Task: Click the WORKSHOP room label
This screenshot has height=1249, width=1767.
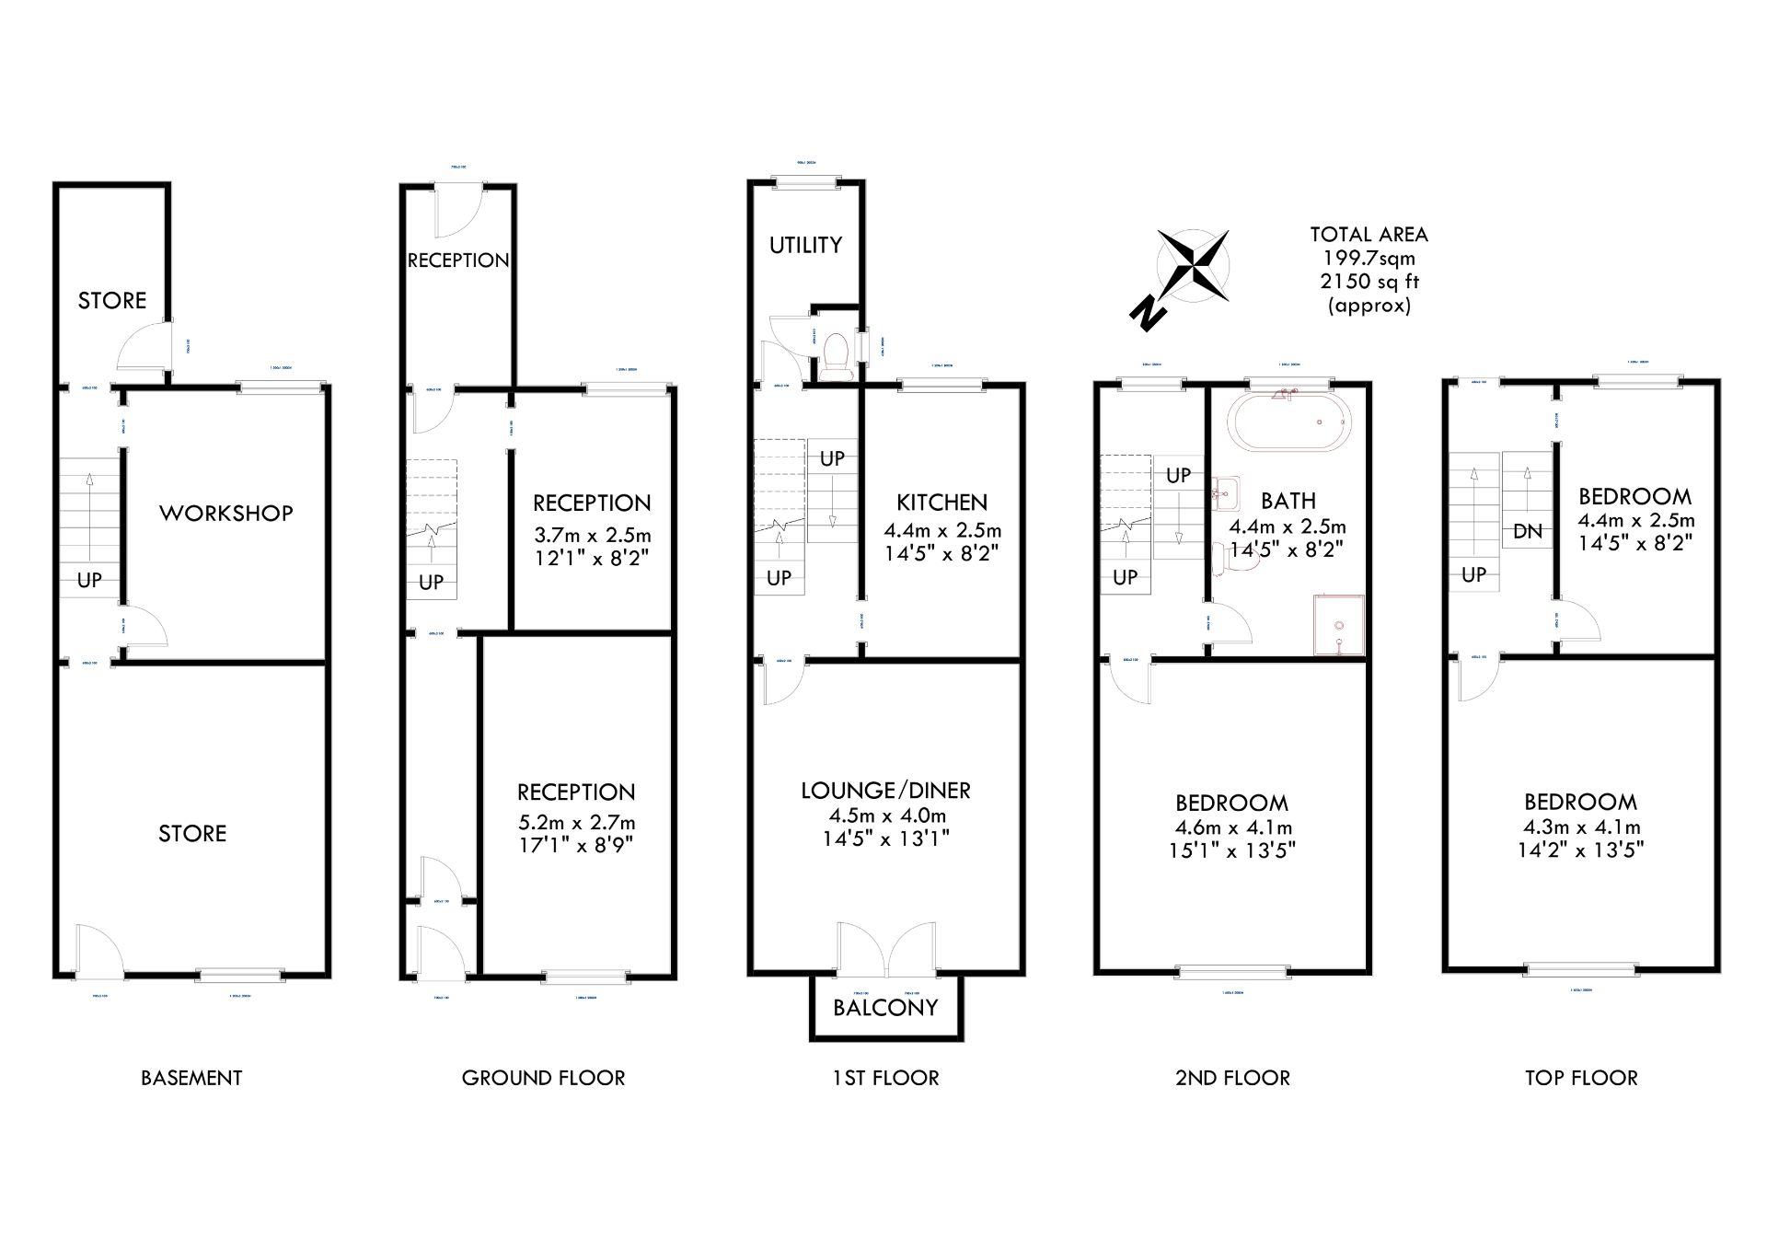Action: tap(225, 513)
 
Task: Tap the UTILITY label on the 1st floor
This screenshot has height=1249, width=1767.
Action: tap(805, 245)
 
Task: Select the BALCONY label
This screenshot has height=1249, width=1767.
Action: tap(885, 1007)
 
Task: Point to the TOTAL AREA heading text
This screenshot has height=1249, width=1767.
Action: tap(1369, 235)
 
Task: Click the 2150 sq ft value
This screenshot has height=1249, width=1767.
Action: tap(1369, 282)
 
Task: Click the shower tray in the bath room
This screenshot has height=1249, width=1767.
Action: tap(1338, 625)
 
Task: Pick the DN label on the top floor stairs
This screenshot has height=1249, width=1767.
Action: tap(1527, 531)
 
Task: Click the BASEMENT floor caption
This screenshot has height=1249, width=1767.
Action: tap(191, 1078)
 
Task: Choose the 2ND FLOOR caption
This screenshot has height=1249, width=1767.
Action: tap(1232, 1078)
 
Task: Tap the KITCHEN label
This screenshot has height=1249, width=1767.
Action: tap(941, 503)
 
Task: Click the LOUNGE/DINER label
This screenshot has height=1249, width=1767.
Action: tap(885, 791)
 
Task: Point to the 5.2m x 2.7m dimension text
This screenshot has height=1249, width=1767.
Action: tap(576, 822)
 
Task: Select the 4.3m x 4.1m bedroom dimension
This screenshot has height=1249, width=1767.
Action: tap(1580, 827)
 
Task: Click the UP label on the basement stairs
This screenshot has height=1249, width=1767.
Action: tap(89, 580)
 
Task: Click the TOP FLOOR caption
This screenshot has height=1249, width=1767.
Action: tap(1581, 1078)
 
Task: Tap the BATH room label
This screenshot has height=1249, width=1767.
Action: tap(1288, 501)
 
